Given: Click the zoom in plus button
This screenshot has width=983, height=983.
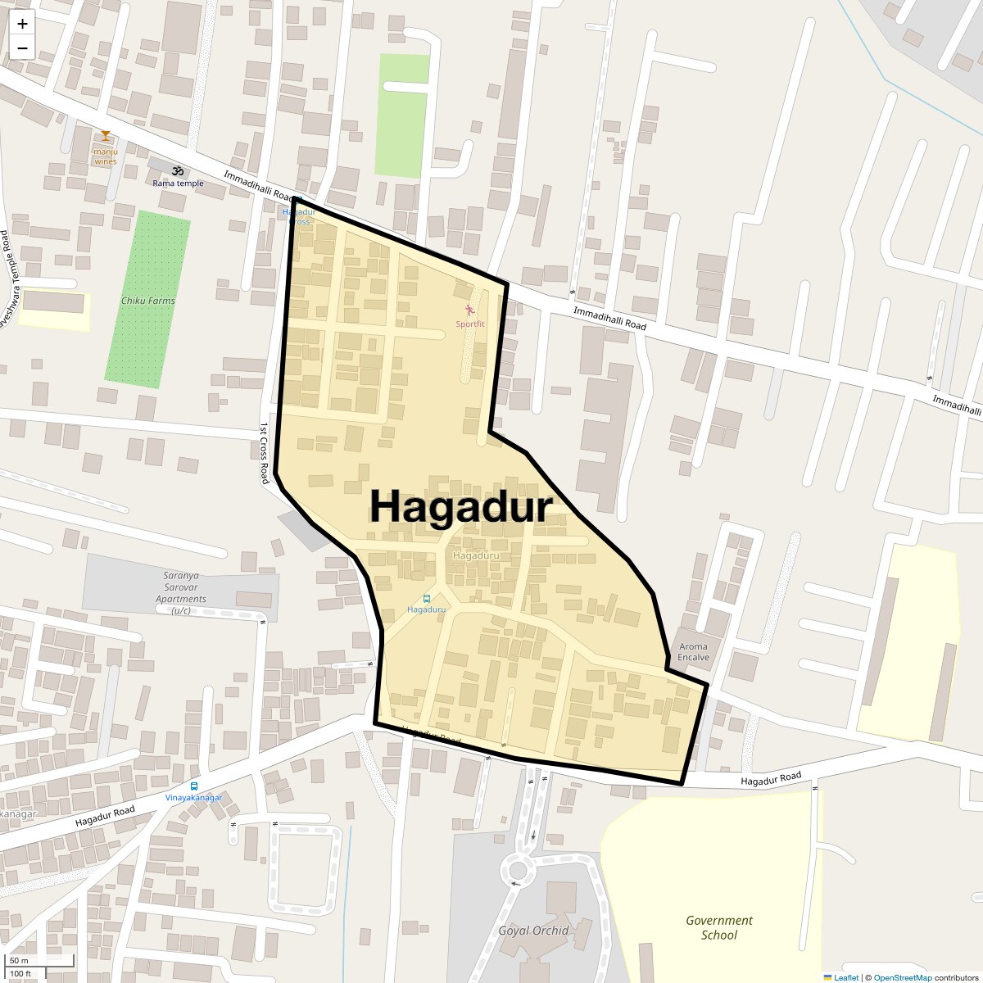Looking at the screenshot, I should (x=22, y=25).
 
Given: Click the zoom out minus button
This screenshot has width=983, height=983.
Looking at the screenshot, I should (x=22, y=48).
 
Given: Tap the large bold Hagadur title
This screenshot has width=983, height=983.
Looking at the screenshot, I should (x=460, y=506).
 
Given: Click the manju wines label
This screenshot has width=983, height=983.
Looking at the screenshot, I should (x=106, y=156).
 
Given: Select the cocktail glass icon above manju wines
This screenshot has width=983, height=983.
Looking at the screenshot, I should (x=106, y=136).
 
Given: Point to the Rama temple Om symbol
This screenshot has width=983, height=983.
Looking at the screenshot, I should (x=177, y=171).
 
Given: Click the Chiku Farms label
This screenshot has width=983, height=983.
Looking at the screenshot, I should (x=148, y=301).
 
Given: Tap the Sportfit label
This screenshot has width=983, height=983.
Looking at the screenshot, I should (x=470, y=324).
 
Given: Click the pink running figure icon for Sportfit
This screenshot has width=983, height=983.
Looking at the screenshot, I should (x=470, y=310).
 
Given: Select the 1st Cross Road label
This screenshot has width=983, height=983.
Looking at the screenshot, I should (x=265, y=453).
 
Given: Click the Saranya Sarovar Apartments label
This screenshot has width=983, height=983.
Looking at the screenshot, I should (x=181, y=593).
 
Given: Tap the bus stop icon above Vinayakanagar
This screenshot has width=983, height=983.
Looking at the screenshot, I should (x=194, y=786).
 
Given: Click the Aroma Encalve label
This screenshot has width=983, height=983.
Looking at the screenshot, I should (x=693, y=652).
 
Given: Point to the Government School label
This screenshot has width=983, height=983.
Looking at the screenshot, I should (x=719, y=927).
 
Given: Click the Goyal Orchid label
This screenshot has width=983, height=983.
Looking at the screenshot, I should (x=533, y=931).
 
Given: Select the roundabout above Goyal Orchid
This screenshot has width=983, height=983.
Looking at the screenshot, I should (x=518, y=870).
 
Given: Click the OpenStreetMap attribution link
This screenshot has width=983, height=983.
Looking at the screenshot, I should (x=903, y=978).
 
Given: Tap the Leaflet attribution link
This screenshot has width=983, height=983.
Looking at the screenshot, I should (x=846, y=978).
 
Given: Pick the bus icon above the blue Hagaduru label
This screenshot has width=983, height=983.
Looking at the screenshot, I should (x=426, y=598).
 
